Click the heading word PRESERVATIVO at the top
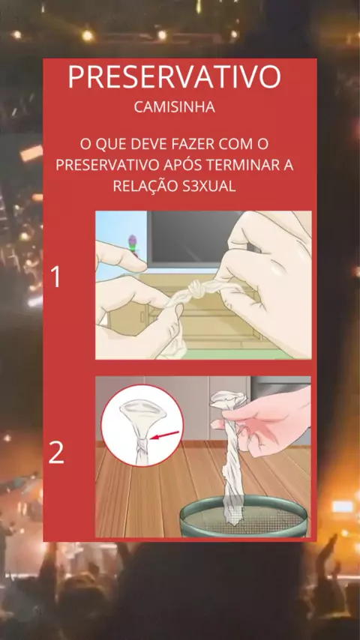click(x=175, y=76)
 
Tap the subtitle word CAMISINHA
click(x=175, y=107)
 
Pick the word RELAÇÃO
click(x=143, y=186)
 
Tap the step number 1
click(x=55, y=277)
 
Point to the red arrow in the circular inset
click(x=165, y=435)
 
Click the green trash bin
click(x=244, y=516)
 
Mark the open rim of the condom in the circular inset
click(x=142, y=409)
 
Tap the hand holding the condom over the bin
click(x=269, y=424)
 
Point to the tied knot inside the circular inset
click(x=142, y=444)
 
